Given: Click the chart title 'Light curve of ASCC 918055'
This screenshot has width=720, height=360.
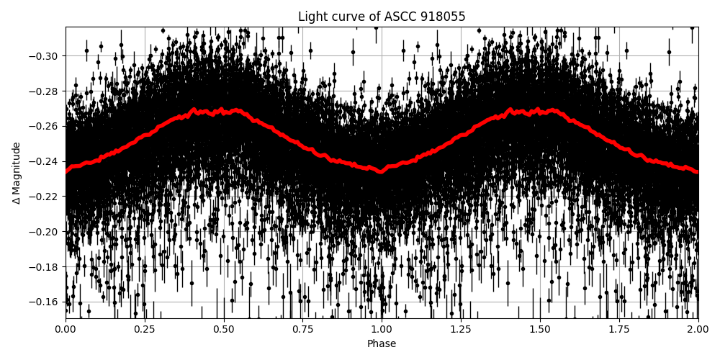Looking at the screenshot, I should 382,17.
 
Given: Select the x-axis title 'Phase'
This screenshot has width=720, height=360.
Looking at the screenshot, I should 382,344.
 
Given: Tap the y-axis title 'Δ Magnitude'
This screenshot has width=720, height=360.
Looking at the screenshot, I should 17,173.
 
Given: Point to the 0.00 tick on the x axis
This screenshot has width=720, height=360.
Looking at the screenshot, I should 66,330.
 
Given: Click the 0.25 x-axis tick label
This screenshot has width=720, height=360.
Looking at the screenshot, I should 145,330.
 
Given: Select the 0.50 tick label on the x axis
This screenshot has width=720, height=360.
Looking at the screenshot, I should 224,330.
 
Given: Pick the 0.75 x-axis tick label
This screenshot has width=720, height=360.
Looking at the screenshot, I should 302,330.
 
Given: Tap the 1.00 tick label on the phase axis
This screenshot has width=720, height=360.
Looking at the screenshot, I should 382,330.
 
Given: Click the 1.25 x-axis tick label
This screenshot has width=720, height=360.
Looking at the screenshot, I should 461,330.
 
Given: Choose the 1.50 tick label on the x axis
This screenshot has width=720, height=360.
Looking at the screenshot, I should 540,330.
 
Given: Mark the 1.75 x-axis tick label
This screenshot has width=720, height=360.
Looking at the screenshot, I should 619,330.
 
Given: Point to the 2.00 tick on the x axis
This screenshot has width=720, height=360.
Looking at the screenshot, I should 698,330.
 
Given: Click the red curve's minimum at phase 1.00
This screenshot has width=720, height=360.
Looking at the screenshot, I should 382,171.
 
